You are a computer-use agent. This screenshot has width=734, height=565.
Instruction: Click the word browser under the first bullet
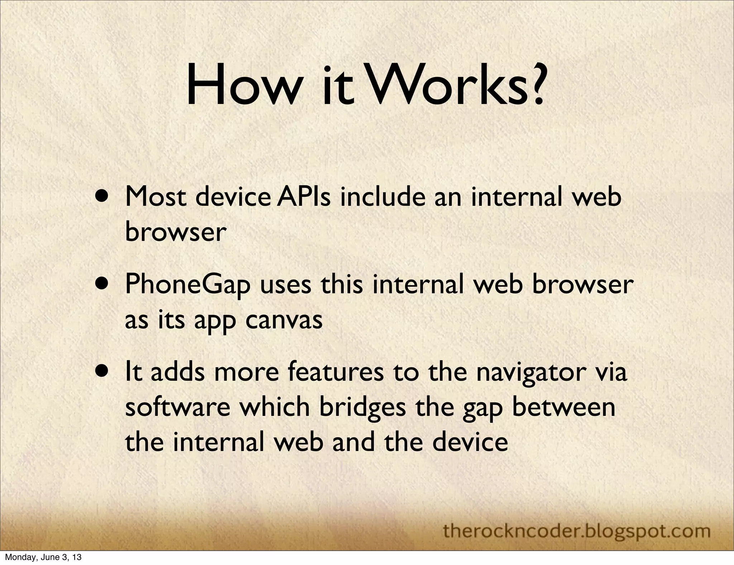175,232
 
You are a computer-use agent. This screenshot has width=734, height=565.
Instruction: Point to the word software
177,407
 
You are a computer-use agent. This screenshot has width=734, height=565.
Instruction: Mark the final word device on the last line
470,442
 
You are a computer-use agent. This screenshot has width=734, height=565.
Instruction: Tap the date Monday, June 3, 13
43,557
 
